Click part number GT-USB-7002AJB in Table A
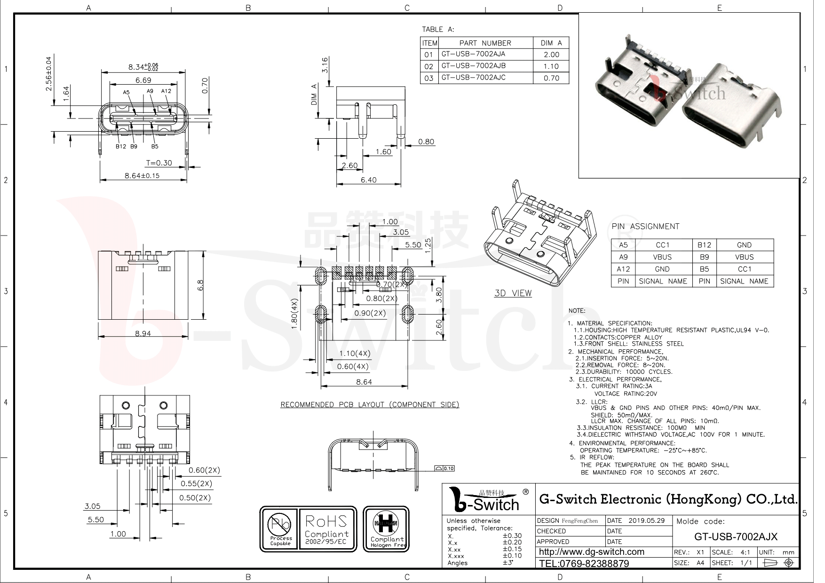(x=473, y=66)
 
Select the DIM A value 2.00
(x=551, y=55)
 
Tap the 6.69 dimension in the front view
(x=143, y=80)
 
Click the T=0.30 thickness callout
(x=159, y=163)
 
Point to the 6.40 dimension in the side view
(x=368, y=180)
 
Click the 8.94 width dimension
(x=143, y=333)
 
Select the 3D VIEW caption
(x=513, y=293)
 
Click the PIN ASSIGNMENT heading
(x=645, y=227)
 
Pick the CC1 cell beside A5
(x=662, y=245)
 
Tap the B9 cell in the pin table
(x=704, y=257)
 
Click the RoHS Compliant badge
(x=326, y=529)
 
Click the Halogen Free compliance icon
(x=387, y=529)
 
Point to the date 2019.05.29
(x=647, y=520)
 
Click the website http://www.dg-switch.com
(x=591, y=552)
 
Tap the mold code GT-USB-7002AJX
(x=736, y=537)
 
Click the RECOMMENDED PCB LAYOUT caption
(x=370, y=404)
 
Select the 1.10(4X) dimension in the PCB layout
(x=355, y=354)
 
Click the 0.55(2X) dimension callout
(x=196, y=484)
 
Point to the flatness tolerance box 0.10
(x=444, y=468)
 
